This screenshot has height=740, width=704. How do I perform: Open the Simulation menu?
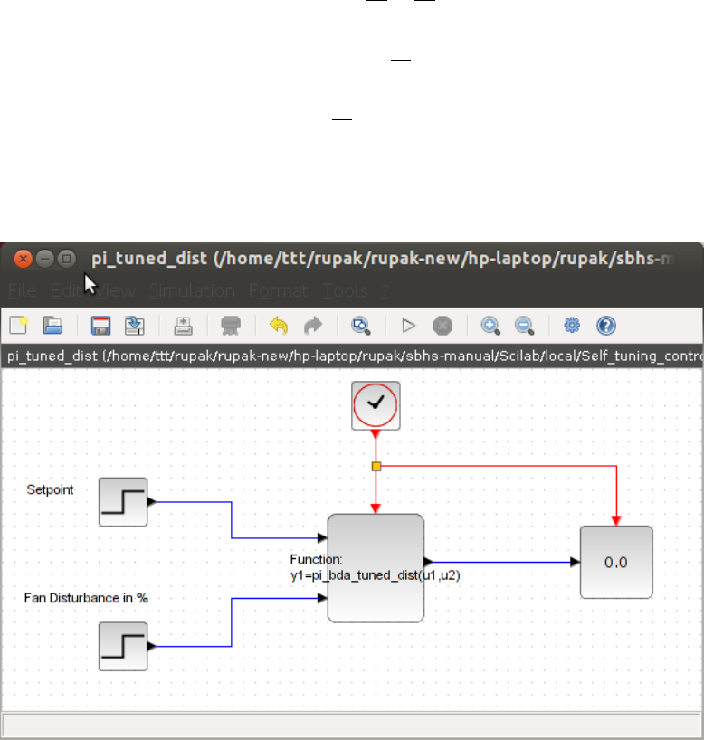[192, 291]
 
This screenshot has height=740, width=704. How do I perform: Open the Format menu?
[278, 291]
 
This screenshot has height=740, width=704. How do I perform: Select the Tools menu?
[345, 291]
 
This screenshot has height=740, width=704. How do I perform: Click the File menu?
[22, 291]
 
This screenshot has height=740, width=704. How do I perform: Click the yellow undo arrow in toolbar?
[279, 326]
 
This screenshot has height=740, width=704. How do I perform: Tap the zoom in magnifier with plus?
[490, 326]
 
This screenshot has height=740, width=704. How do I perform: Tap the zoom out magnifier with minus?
[524, 326]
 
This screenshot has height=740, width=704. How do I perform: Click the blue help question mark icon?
[605, 326]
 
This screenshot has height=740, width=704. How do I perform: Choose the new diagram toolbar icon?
[19, 326]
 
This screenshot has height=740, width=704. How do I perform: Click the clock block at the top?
[376, 405]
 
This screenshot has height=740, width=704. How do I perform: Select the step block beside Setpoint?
[123, 501]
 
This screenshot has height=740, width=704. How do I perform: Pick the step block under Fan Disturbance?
[123, 646]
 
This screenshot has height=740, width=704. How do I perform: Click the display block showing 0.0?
[616, 562]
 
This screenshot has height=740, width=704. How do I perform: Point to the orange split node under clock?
[376, 466]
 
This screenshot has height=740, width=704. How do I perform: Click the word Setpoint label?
[51, 489]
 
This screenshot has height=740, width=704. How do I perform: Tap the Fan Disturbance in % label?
[86, 599]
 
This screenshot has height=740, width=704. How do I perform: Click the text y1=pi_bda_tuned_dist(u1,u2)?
[376, 574]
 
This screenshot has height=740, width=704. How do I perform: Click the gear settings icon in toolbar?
[572, 326]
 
